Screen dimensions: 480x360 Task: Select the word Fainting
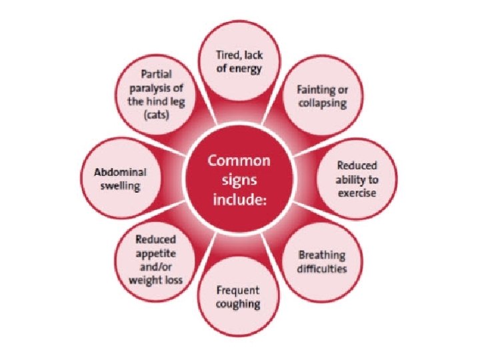click(315, 91)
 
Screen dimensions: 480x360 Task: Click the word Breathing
click(322, 255)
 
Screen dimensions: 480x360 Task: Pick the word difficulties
click(323, 269)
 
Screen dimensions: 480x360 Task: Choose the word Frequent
click(237, 291)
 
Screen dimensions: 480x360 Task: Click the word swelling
click(120, 185)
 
